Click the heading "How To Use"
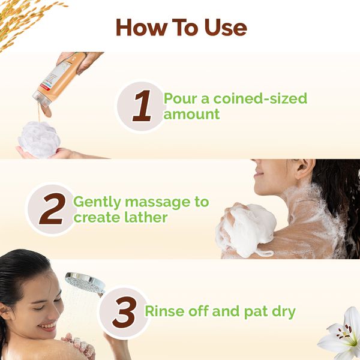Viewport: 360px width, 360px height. click(x=181, y=27)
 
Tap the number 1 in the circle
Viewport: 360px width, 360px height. click(x=142, y=106)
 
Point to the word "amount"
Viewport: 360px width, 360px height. click(x=191, y=114)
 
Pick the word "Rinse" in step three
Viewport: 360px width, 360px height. click(x=164, y=311)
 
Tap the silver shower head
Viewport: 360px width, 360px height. click(x=84, y=280)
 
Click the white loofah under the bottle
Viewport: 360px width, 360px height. click(x=38, y=137)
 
